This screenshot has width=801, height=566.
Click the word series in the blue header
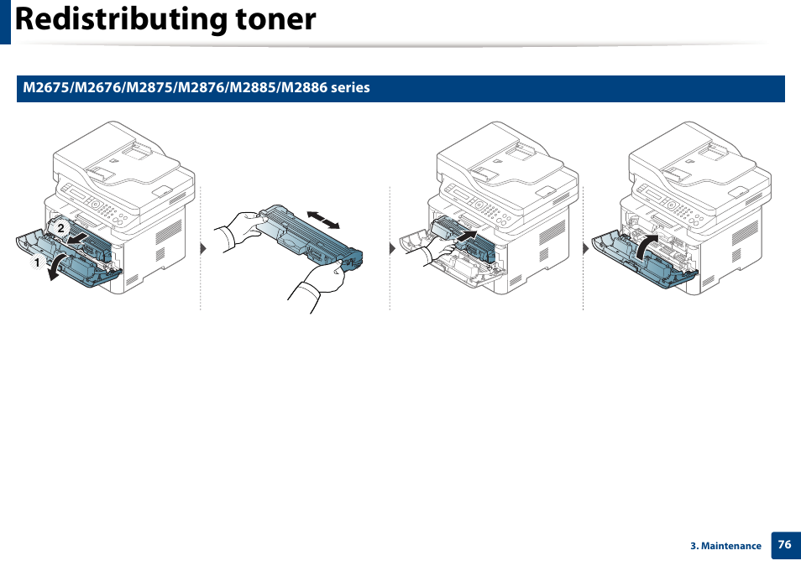(350, 88)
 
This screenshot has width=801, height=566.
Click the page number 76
(784, 544)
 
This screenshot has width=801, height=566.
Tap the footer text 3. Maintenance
(725, 546)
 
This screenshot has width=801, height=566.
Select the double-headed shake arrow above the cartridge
(323, 220)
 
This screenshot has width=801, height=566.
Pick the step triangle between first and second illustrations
(203, 250)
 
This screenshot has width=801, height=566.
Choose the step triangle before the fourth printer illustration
(586, 250)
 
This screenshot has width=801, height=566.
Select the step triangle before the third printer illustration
(392, 250)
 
